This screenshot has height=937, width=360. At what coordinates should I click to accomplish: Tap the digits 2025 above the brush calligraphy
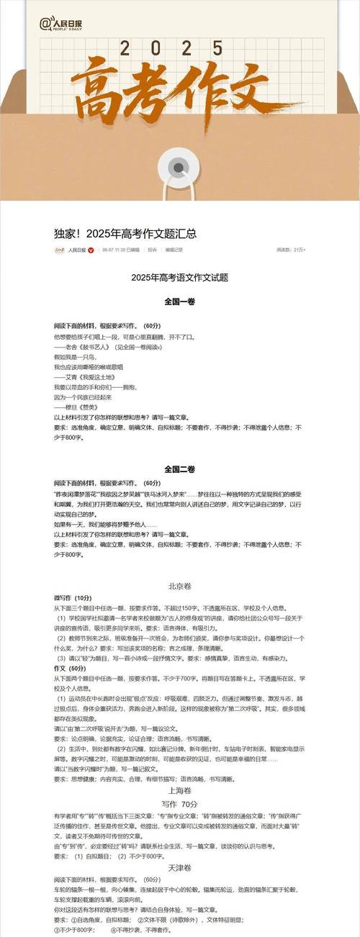pos(180,49)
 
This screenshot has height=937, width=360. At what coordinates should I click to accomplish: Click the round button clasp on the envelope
pos(179,168)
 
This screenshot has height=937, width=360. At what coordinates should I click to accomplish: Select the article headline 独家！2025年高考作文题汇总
pos(125,234)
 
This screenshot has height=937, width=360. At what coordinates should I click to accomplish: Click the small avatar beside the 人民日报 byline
pos(60,250)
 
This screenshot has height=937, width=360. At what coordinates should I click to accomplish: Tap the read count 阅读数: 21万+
pos(291,250)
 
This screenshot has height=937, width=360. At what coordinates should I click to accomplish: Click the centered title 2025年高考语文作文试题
pos(179,277)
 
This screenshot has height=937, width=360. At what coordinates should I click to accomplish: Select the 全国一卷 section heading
pos(179,301)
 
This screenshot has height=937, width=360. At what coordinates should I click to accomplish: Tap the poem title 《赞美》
pos(84,407)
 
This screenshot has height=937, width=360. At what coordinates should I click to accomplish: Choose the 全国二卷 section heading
pos(179,468)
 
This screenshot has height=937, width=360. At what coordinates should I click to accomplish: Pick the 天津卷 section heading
pos(179,868)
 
